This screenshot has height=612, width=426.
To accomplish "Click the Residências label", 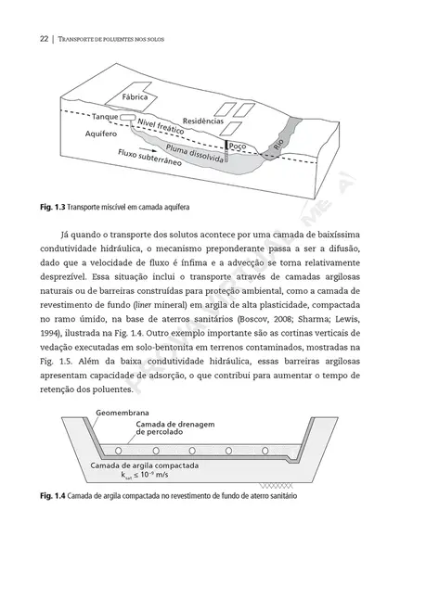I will pyautogui.click(x=202, y=121).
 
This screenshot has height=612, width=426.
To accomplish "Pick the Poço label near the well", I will pyautogui.click(x=238, y=146).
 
